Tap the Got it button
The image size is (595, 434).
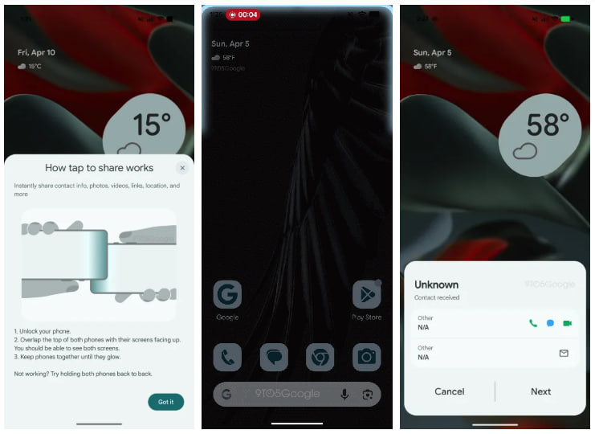[x=165, y=402]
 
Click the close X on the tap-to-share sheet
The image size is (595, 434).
[x=182, y=168]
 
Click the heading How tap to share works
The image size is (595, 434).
[x=99, y=168]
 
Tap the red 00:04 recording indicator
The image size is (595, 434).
[x=243, y=14]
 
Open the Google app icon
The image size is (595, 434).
[x=228, y=296]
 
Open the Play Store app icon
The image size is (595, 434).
[x=367, y=296]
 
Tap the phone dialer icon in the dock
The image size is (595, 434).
[x=228, y=357]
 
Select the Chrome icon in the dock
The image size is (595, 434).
[x=320, y=357]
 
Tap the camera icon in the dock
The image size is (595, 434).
[x=367, y=357]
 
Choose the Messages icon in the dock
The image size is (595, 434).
[x=275, y=357]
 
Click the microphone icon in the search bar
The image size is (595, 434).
[x=344, y=394]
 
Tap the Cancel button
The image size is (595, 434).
[x=450, y=391]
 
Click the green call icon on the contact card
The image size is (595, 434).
[x=533, y=323]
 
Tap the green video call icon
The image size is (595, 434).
[x=567, y=323]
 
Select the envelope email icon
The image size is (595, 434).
[x=564, y=353]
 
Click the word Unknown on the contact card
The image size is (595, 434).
[x=436, y=285]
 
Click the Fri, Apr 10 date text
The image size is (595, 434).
[x=36, y=52]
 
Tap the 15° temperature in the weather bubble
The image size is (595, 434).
[x=152, y=125]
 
